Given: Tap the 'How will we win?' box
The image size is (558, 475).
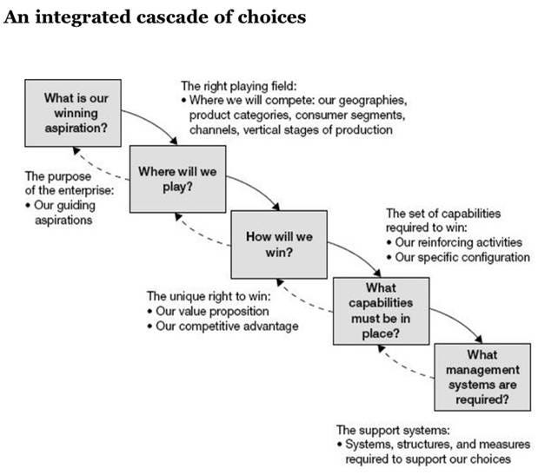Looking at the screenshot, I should click(278, 244).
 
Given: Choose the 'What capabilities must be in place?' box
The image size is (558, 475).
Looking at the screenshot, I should click(382, 309).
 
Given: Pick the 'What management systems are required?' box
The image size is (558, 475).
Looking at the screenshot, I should click(483, 378).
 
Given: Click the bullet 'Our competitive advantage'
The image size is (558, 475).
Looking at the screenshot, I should click(227, 326).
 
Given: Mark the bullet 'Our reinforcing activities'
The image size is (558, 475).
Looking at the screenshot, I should click(465, 242).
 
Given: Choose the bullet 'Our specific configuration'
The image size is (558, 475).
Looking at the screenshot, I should click(467, 257).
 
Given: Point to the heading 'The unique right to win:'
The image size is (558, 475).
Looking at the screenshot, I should click(209, 296).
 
